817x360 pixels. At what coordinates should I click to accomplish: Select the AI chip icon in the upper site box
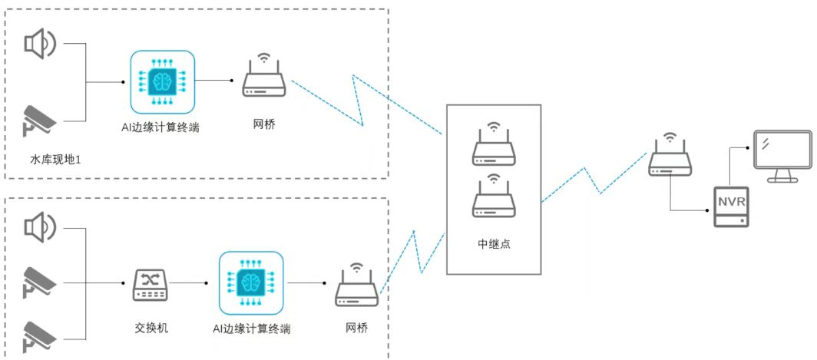pos(161,81)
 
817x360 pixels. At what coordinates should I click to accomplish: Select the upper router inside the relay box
pos(494,146)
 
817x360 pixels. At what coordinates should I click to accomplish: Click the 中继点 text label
pos(494,244)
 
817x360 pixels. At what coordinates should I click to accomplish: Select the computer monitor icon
pos(782,156)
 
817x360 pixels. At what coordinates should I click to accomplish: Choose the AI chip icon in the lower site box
pos(251,283)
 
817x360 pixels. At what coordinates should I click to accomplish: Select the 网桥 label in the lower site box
pos(356,329)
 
